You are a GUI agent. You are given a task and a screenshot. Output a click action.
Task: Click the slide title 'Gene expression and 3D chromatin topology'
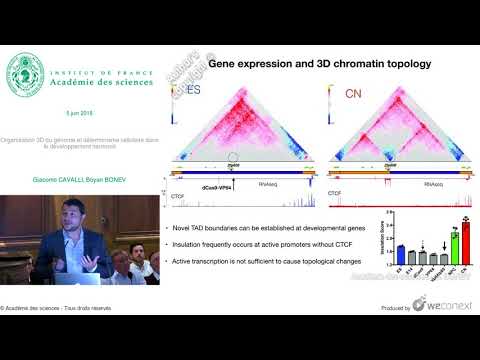(x=319, y=64)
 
